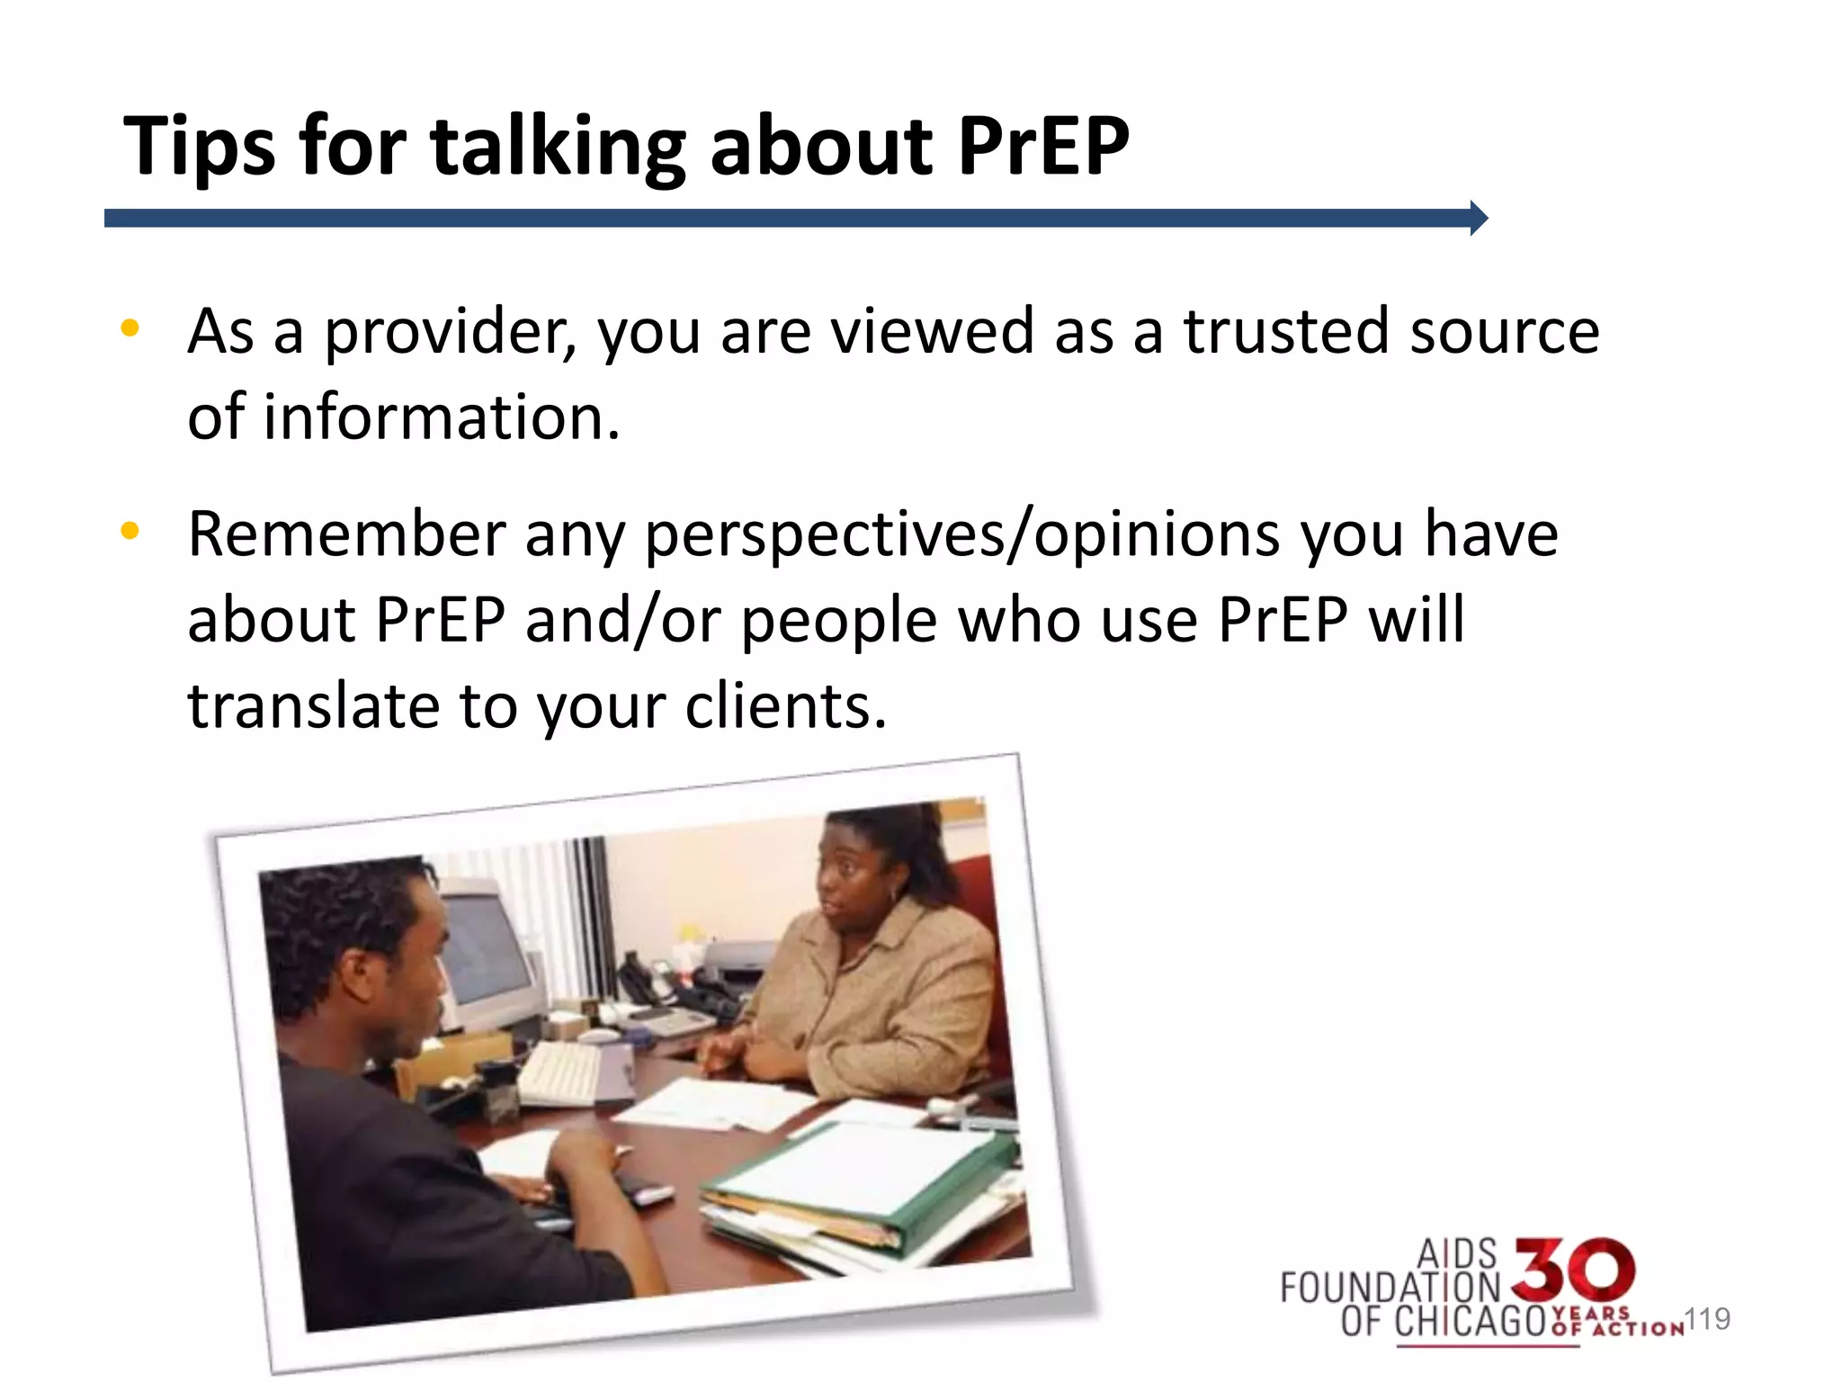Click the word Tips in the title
[199, 147]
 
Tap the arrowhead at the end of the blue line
[1478, 218]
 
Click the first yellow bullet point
[130, 328]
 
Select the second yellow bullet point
[130, 531]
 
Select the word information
[441, 417]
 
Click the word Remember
[346, 534]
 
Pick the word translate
[313, 705]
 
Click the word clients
[785, 705]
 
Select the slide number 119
[1707, 1319]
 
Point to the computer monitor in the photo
[490, 954]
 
